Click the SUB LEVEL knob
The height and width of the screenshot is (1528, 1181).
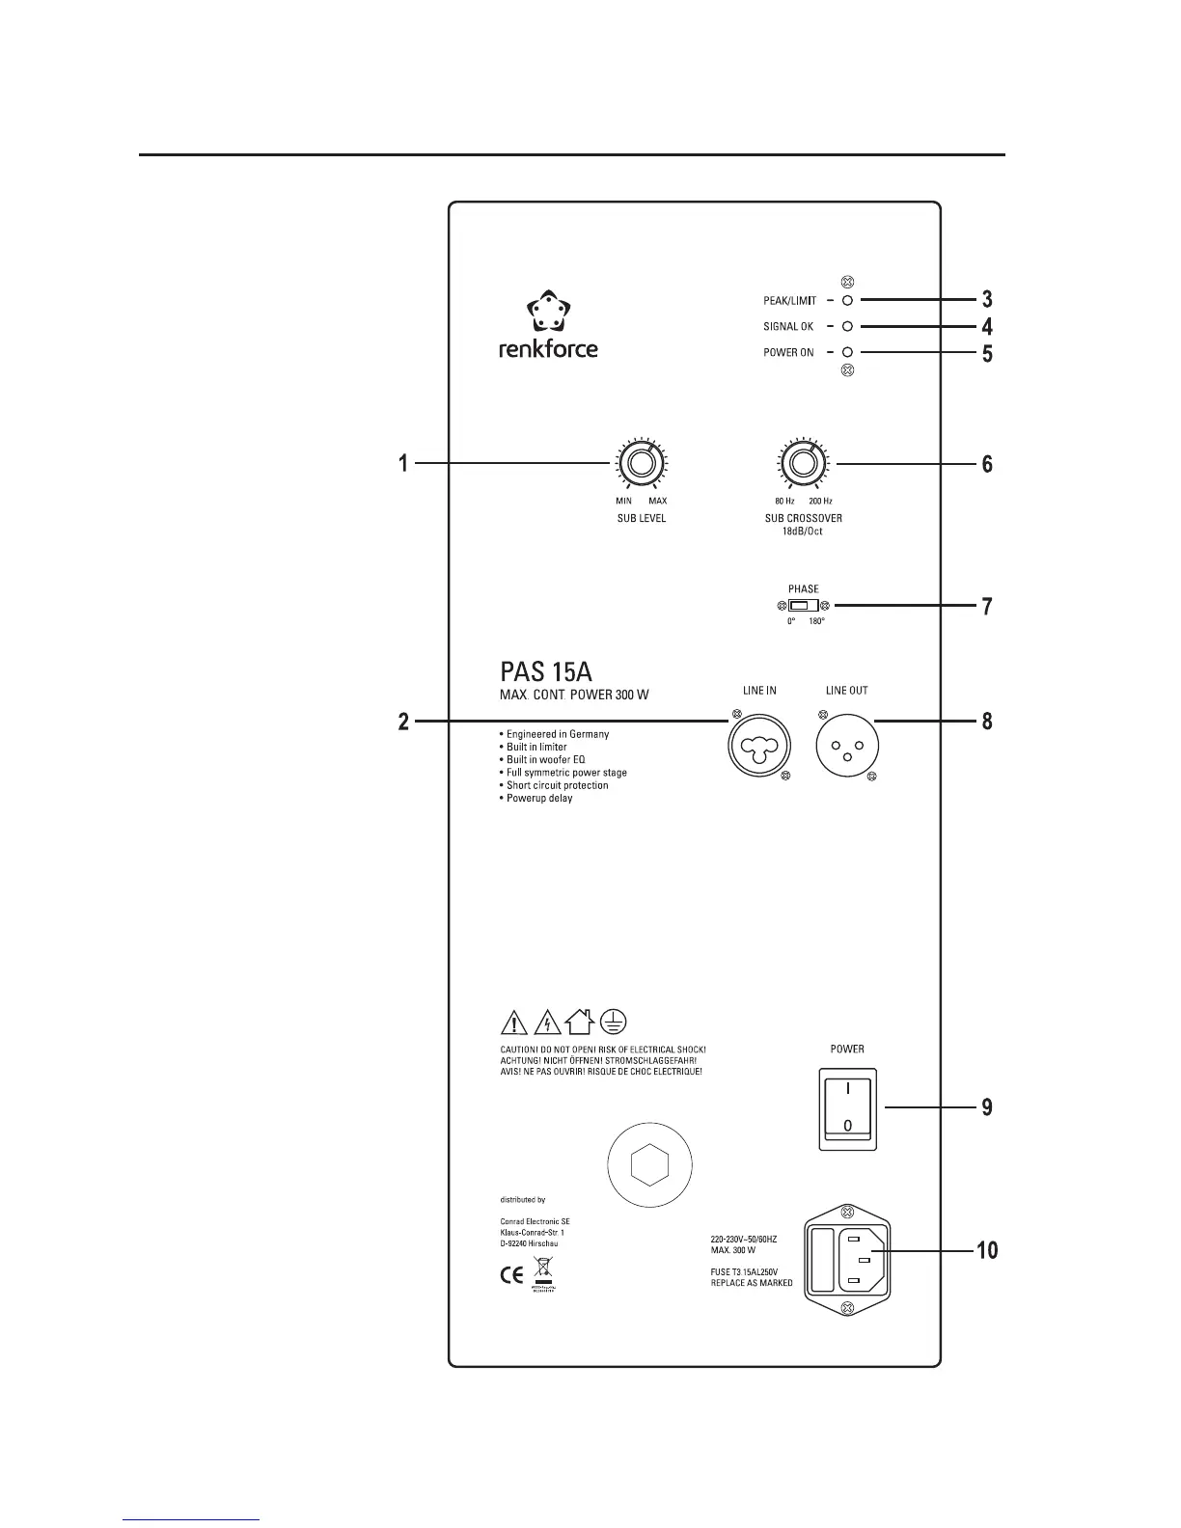(639, 464)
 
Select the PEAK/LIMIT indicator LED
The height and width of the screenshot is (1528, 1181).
(847, 300)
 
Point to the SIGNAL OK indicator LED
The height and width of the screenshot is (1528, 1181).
(847, 326)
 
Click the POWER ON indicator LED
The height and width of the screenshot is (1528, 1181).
(847, 352)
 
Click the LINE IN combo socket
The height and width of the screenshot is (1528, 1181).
(760, 747)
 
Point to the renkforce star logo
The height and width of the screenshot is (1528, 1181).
(547, 313)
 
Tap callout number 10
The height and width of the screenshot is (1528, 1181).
(986, 1251)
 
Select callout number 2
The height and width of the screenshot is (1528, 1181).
(404, 722)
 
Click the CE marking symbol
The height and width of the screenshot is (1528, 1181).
(511, 1274)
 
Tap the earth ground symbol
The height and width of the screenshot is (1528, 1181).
(614, 1022)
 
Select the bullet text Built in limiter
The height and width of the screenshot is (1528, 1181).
(537, 747)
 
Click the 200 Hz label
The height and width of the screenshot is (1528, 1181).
(820, 501)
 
